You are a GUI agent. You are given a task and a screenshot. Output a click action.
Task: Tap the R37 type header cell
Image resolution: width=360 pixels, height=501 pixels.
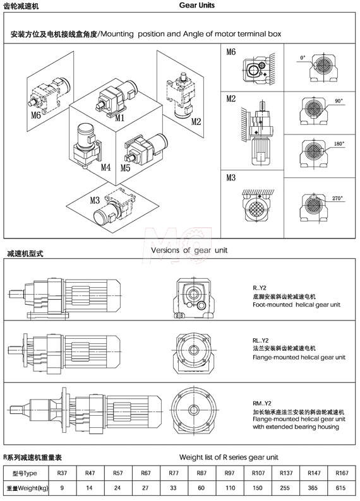pos(63,473)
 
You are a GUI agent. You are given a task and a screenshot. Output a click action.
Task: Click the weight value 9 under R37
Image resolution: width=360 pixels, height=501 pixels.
pos(63,488)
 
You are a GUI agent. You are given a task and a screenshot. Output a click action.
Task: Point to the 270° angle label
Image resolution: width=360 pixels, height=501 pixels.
pos(337,198)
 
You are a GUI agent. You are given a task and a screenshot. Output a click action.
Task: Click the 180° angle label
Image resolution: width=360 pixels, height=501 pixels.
pos(338,144)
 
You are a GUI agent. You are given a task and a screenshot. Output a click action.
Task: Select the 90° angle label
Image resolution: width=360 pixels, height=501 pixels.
pos(339,101)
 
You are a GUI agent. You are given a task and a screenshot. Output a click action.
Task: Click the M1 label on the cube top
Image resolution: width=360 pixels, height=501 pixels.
pos(119,117)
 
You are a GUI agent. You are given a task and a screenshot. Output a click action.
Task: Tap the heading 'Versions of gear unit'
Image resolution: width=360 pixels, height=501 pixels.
pos(188,250)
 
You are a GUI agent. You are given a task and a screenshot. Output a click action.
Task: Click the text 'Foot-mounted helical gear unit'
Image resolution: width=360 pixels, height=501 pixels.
pos(296,304)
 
